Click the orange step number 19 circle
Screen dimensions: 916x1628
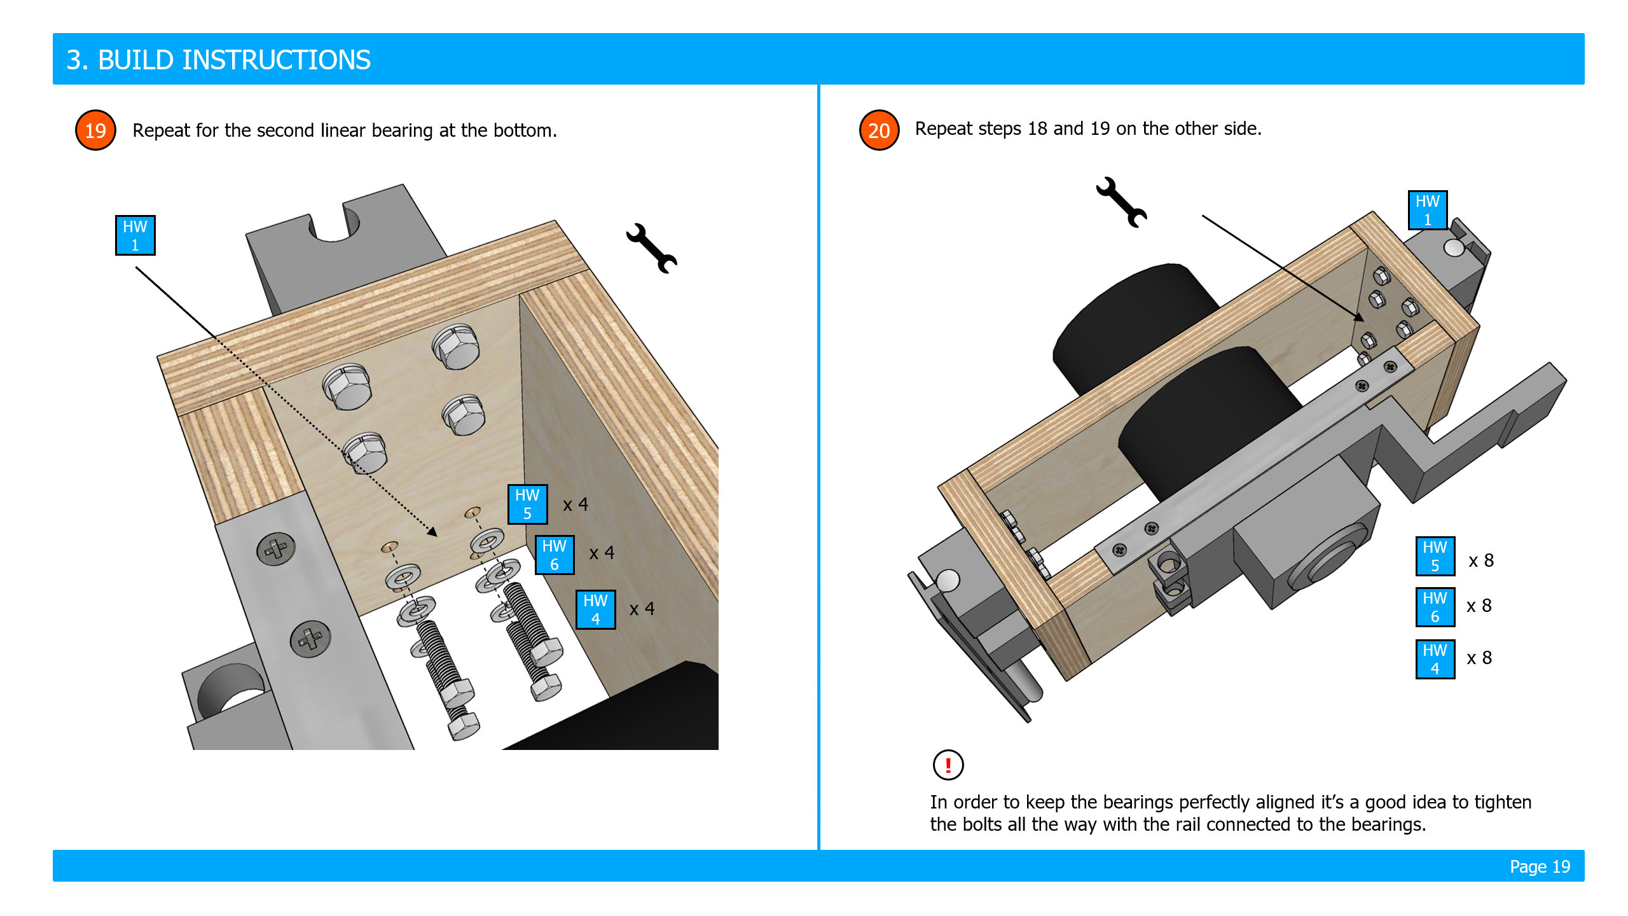tap(95, 130)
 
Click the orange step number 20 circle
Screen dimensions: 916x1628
tap(879, 130)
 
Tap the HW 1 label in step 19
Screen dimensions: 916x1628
tap(135, 235)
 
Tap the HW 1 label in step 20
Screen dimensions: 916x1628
tap(1427, 210)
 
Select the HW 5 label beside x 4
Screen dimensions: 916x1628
tap(527, 504)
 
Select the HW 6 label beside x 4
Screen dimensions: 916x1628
tap(554, 555)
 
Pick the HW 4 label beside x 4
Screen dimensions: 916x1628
tap(595, 609)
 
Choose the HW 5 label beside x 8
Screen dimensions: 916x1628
tap(1435, 556)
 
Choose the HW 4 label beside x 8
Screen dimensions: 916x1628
tap(1435, 659)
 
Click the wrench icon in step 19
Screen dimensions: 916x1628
tap(651, 248)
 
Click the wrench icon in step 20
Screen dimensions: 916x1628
tap(1121, 202)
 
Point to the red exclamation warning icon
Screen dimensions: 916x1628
tap(948, 765)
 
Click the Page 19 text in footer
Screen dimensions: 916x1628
tap(1540, 866)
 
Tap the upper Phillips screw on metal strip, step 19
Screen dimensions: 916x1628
tap(276, 548)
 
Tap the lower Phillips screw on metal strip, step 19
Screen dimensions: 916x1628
tap(310, 639)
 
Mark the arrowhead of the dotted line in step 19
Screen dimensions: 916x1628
tap(433, 532)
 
